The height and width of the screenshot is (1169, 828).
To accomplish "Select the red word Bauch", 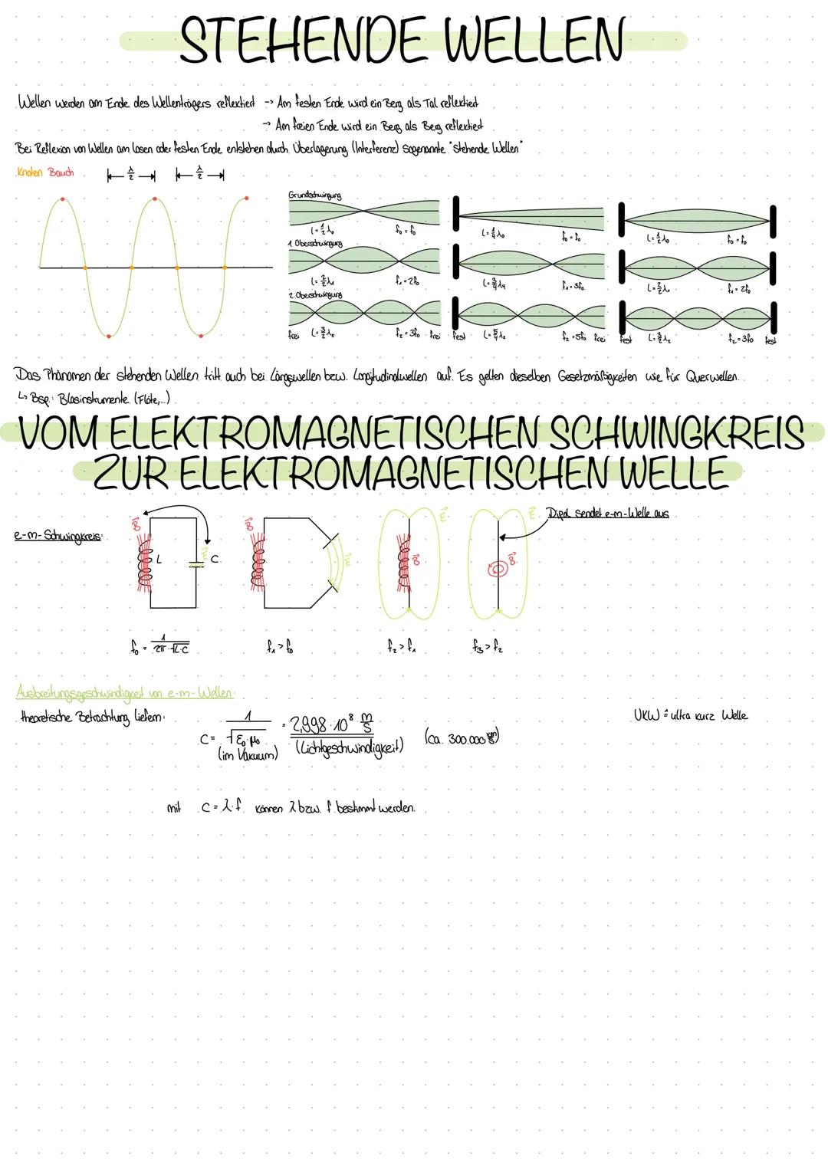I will click(x=61, y=173).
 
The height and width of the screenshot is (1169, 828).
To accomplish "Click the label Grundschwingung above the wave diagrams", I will click(x=314, y=196).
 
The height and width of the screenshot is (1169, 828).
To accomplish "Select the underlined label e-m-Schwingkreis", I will click(x=58, y=537).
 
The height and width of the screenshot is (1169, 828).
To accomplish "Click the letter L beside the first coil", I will click(x=159, y=560).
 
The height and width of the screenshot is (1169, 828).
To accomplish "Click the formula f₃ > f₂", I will click(x=488, y=649).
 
